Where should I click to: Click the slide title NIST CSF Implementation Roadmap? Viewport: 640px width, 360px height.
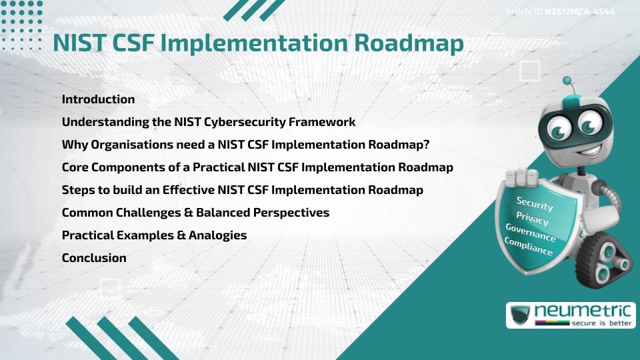click(x=258, y=43)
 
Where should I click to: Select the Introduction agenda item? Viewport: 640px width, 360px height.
click(x=98, y=99)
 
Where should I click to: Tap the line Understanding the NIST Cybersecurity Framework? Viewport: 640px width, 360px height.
click(x=208, y=122)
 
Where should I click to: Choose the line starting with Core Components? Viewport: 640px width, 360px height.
click(x=257, y=167)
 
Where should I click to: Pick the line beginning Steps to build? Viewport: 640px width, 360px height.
click(x=242, y=190)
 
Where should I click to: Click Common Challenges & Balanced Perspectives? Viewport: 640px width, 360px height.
click(x=195, y=213)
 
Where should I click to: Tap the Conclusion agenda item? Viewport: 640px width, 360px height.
click(x=94, y=258)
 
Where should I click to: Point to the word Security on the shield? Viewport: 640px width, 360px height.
click(x=535, y=204)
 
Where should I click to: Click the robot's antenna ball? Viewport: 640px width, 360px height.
click(x=567, y=81)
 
